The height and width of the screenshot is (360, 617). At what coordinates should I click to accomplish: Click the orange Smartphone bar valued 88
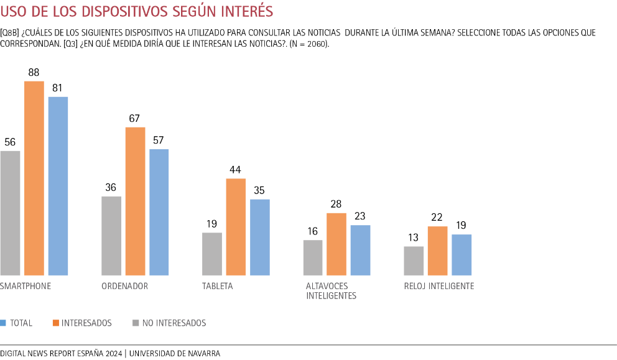tap(34, 178)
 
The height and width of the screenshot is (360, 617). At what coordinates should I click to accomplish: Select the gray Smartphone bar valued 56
tap(11, 213)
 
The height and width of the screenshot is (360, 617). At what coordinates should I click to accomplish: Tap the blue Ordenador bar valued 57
tap(159, 212)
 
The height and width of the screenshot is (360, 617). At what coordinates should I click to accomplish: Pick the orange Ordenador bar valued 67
tap(135, 201)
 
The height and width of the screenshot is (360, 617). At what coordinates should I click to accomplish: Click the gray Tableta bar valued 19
tap(212, 254)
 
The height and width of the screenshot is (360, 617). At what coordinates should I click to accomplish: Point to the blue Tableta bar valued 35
tap(260, 238)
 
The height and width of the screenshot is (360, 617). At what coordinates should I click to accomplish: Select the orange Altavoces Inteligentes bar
tap(336, 244)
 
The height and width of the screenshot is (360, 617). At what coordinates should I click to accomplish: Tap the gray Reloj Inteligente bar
tap(414, 261)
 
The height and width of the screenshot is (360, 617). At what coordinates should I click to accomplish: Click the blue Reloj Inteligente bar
tap(462, 255)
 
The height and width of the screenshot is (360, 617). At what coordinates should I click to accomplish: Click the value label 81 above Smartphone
tap(58, 88)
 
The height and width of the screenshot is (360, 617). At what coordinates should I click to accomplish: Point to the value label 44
tap(236, 170)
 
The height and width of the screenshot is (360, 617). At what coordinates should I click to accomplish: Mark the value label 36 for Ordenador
tap(111, 188)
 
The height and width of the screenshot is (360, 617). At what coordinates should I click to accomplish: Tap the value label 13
tap(414, 238)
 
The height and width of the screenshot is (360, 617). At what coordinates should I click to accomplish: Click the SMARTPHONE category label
tap(26, 286)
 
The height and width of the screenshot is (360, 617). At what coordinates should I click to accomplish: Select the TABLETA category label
tap(218, 286)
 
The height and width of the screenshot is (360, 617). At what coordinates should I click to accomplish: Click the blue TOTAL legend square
tap(3, 323)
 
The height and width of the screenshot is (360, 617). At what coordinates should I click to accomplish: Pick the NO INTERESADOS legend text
tap(174, 323)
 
